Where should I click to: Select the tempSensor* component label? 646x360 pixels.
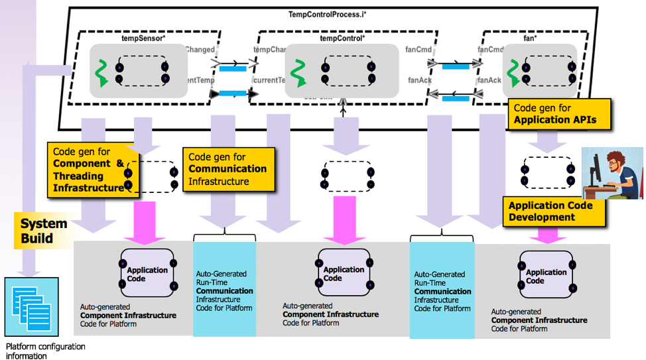point(143,38)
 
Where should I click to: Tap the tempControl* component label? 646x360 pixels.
point(342,38)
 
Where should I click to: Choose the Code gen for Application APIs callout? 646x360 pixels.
point(559,114)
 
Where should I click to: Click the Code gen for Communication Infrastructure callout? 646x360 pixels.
point(227,169)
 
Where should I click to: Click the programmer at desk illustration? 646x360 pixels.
point(612,173)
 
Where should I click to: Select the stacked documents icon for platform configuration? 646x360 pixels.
point(31,307)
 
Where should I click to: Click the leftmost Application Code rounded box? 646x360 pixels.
point(147,273)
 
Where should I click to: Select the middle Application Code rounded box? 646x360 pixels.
point(342,273)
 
